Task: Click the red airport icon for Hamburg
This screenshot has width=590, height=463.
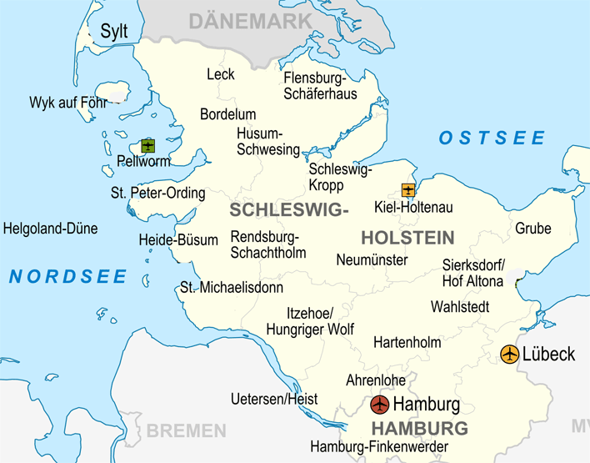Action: coord(379,405)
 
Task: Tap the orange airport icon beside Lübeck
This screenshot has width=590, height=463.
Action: coord(509,354)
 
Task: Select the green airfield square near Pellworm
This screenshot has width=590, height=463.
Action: coord(148,146)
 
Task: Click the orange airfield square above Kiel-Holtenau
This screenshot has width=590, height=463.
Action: coord(407,190)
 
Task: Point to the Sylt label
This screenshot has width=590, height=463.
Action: coord(114,32)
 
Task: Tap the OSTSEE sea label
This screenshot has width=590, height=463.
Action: coord(492,138)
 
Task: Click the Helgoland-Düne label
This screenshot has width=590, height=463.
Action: coord(50,229)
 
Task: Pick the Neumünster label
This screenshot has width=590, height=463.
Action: coord(372,260)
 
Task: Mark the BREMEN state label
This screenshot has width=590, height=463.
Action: coord(185,431)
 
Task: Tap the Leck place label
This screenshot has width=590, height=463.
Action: coord(221,74)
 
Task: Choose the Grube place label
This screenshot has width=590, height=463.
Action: coord(532,229)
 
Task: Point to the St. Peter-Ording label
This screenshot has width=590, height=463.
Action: coord(157,194)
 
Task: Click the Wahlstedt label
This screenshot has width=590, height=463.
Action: coord(460,307)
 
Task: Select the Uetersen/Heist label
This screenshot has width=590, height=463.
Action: coord(274,400)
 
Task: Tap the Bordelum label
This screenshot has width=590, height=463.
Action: coord(227,114)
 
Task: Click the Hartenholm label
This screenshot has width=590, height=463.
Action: coord(407,343)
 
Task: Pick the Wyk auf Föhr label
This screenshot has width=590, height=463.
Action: coord(68,103)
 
